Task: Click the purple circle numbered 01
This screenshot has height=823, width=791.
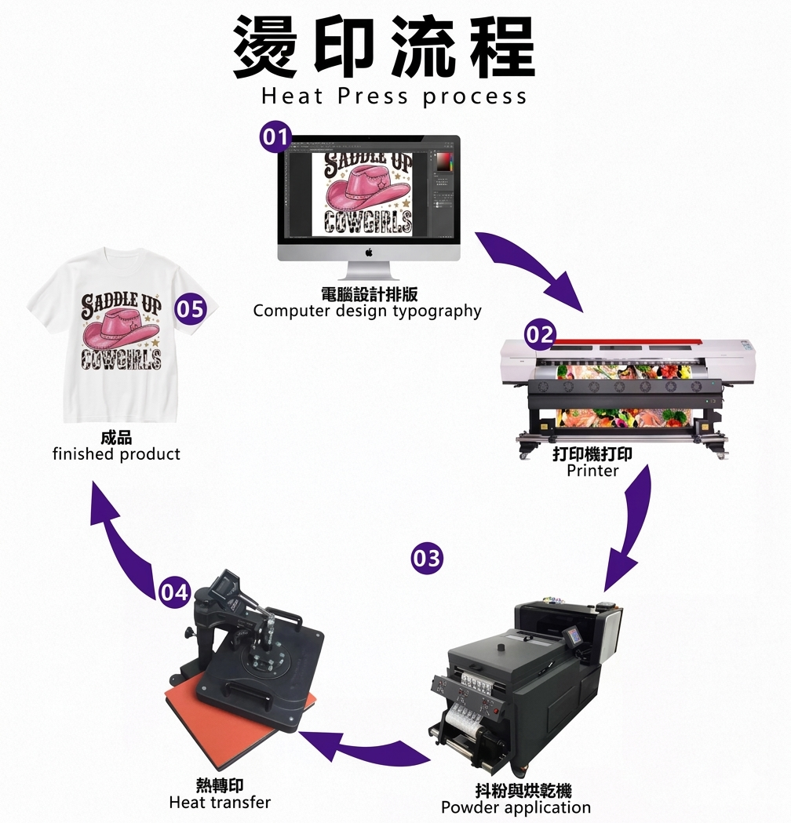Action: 275,138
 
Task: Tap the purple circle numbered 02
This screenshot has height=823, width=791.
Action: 540,336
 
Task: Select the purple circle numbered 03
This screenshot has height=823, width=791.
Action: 427,559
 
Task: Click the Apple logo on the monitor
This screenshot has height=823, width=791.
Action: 368,252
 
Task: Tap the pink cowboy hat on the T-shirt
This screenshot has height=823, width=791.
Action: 118,330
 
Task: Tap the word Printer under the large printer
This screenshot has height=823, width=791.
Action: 592,471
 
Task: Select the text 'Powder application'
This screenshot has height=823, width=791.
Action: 516,807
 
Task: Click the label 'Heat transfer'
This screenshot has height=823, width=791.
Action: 220,803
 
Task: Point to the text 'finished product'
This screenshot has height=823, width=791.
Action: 116,454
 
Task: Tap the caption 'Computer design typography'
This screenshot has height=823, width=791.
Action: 367,311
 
